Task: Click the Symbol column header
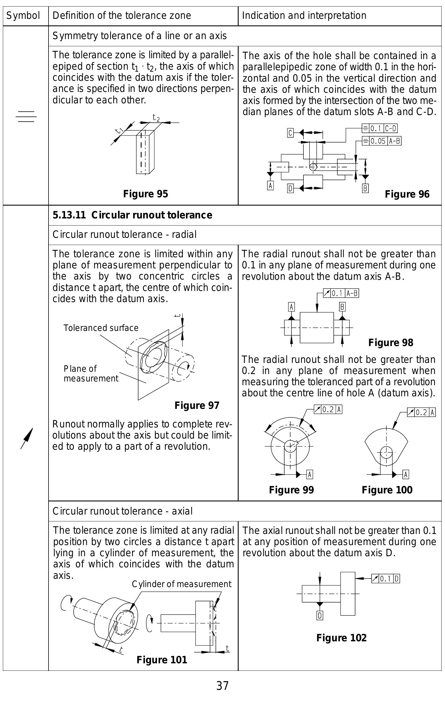click(23, 15)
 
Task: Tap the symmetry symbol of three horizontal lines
click(26, 117)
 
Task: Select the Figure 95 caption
click(146, 194)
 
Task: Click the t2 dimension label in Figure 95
click(156, 118)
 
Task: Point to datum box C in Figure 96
click(290, 133)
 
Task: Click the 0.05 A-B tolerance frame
click(381, 141)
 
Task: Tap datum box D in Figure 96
click(290, 188)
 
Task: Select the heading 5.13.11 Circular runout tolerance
click(132, 215)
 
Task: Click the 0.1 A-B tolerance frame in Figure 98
click(341, 293)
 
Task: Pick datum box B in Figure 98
click(342, 307)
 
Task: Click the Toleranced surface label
click(101, 328)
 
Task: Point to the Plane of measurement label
click(91, 373)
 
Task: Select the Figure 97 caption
click(197, 405)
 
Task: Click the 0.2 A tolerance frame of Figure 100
click(421, 412)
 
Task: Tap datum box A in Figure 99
click(310, 475)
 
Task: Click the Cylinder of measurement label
click(181, 584)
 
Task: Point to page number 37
click(222, 686)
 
